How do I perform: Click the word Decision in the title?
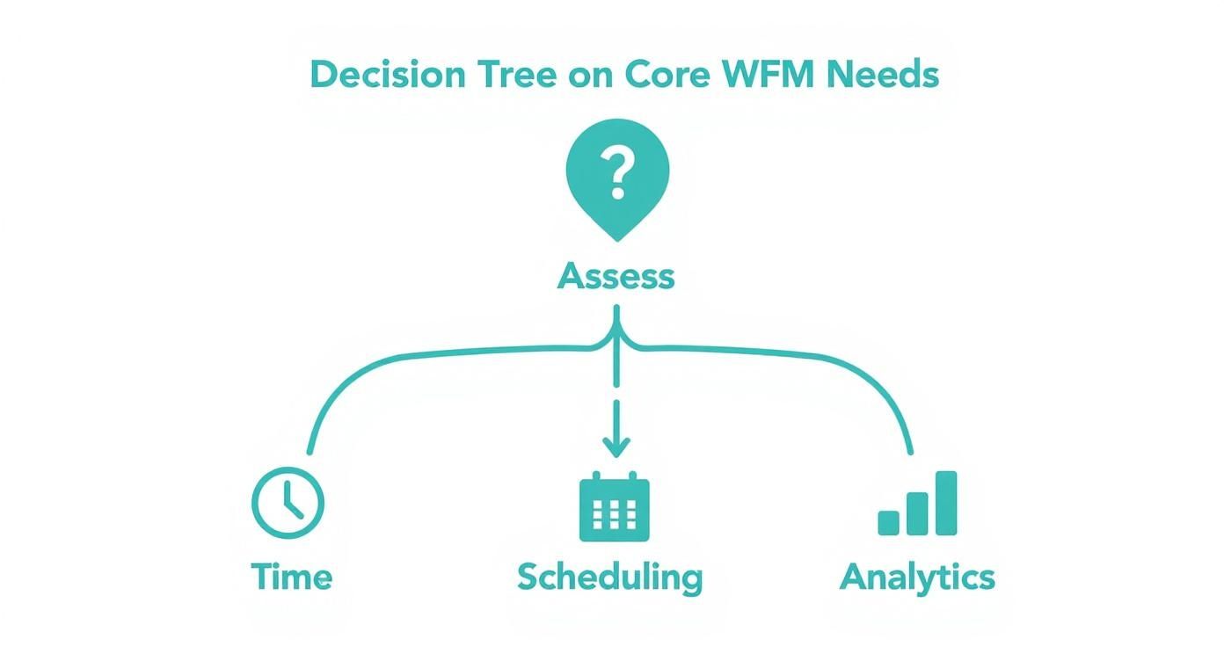point(388,74)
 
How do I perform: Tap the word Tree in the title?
point(517,74)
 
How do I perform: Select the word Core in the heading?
point(667,74)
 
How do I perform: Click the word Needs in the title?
point(883,74)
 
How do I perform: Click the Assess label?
point(616,276)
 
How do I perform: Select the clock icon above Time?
point(288,503)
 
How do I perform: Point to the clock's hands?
point(292,501)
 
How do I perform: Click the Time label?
point(292,577)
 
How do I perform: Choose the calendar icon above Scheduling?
point(614,506)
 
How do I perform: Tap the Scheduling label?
point(610,578)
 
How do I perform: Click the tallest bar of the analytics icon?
point(946,503)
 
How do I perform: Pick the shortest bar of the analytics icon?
point(888,523)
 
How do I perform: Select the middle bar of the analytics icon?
point(917,513)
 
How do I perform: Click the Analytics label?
point(917,578)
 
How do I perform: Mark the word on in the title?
point(591,76)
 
